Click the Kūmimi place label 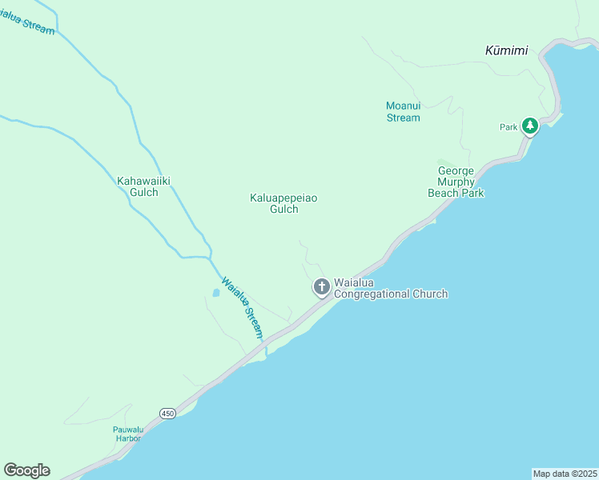506,50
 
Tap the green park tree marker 529,126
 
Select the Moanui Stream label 403,112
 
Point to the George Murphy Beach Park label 460,182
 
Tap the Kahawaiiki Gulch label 144,186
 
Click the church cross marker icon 321,286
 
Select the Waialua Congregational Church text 390,288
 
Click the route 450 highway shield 167,414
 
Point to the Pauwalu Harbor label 127,434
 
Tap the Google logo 26,470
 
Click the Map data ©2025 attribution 565,474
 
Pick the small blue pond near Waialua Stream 215,293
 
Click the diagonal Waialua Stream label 243,308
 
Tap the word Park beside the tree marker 509,127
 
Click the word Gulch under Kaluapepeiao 283,210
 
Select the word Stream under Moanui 403,118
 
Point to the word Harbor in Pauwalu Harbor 127,438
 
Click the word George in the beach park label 456,170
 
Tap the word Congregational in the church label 372,294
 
